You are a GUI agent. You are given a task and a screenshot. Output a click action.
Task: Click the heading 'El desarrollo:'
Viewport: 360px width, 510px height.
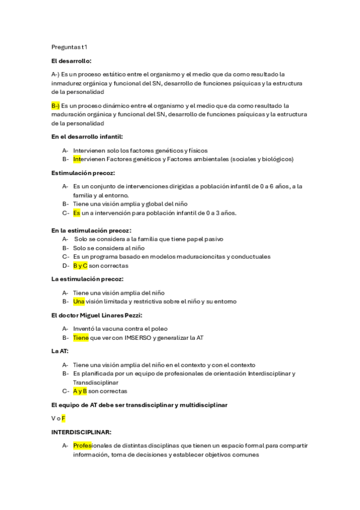click(72, 61)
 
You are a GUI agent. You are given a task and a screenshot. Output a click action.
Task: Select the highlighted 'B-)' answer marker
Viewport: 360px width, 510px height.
click(55, 105)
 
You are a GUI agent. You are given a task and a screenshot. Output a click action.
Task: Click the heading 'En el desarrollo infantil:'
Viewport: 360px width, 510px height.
click(87, 137)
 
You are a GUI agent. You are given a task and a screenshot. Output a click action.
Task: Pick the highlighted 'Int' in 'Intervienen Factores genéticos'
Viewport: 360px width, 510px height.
click(76, 159)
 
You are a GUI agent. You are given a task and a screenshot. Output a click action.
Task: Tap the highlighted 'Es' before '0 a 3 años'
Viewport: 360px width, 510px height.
click(76, 212)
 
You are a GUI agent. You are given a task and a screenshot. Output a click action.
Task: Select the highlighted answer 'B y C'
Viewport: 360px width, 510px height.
click(80, 265)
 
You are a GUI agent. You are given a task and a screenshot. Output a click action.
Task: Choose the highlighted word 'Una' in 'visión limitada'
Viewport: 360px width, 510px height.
click(79, 301)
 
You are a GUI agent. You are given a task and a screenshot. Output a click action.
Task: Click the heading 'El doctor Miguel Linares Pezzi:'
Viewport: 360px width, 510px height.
click(97, 315)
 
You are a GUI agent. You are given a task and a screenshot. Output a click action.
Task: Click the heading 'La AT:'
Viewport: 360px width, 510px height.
click(60, 351)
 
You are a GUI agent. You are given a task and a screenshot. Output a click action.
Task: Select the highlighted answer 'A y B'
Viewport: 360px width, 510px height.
click(80, 391)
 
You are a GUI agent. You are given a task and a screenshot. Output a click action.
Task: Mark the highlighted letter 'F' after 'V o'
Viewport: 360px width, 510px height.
click(63, 417)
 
